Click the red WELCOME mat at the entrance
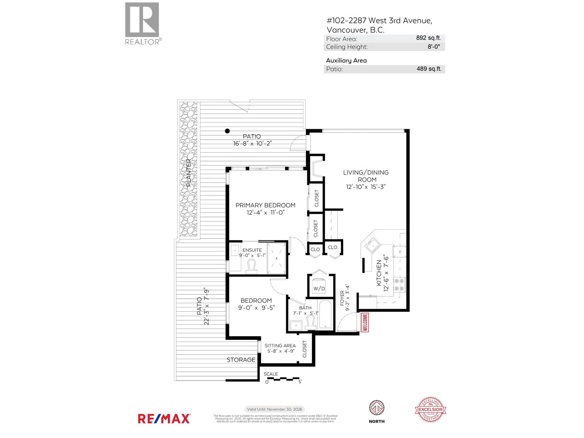[x=365, y=322]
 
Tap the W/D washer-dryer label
[x=319, y=288]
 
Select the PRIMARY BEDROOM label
[x=265, y=205]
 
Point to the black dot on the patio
[x=227, y=131]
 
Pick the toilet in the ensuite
[x=251, y=266]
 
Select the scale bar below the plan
[x=283, y=379]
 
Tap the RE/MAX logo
[x=164, y=418]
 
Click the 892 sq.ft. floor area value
[x=429, y=38]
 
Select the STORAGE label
[x=241, y=360]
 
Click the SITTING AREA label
[x=280, y=346]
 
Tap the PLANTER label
[x=189, y=173]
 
